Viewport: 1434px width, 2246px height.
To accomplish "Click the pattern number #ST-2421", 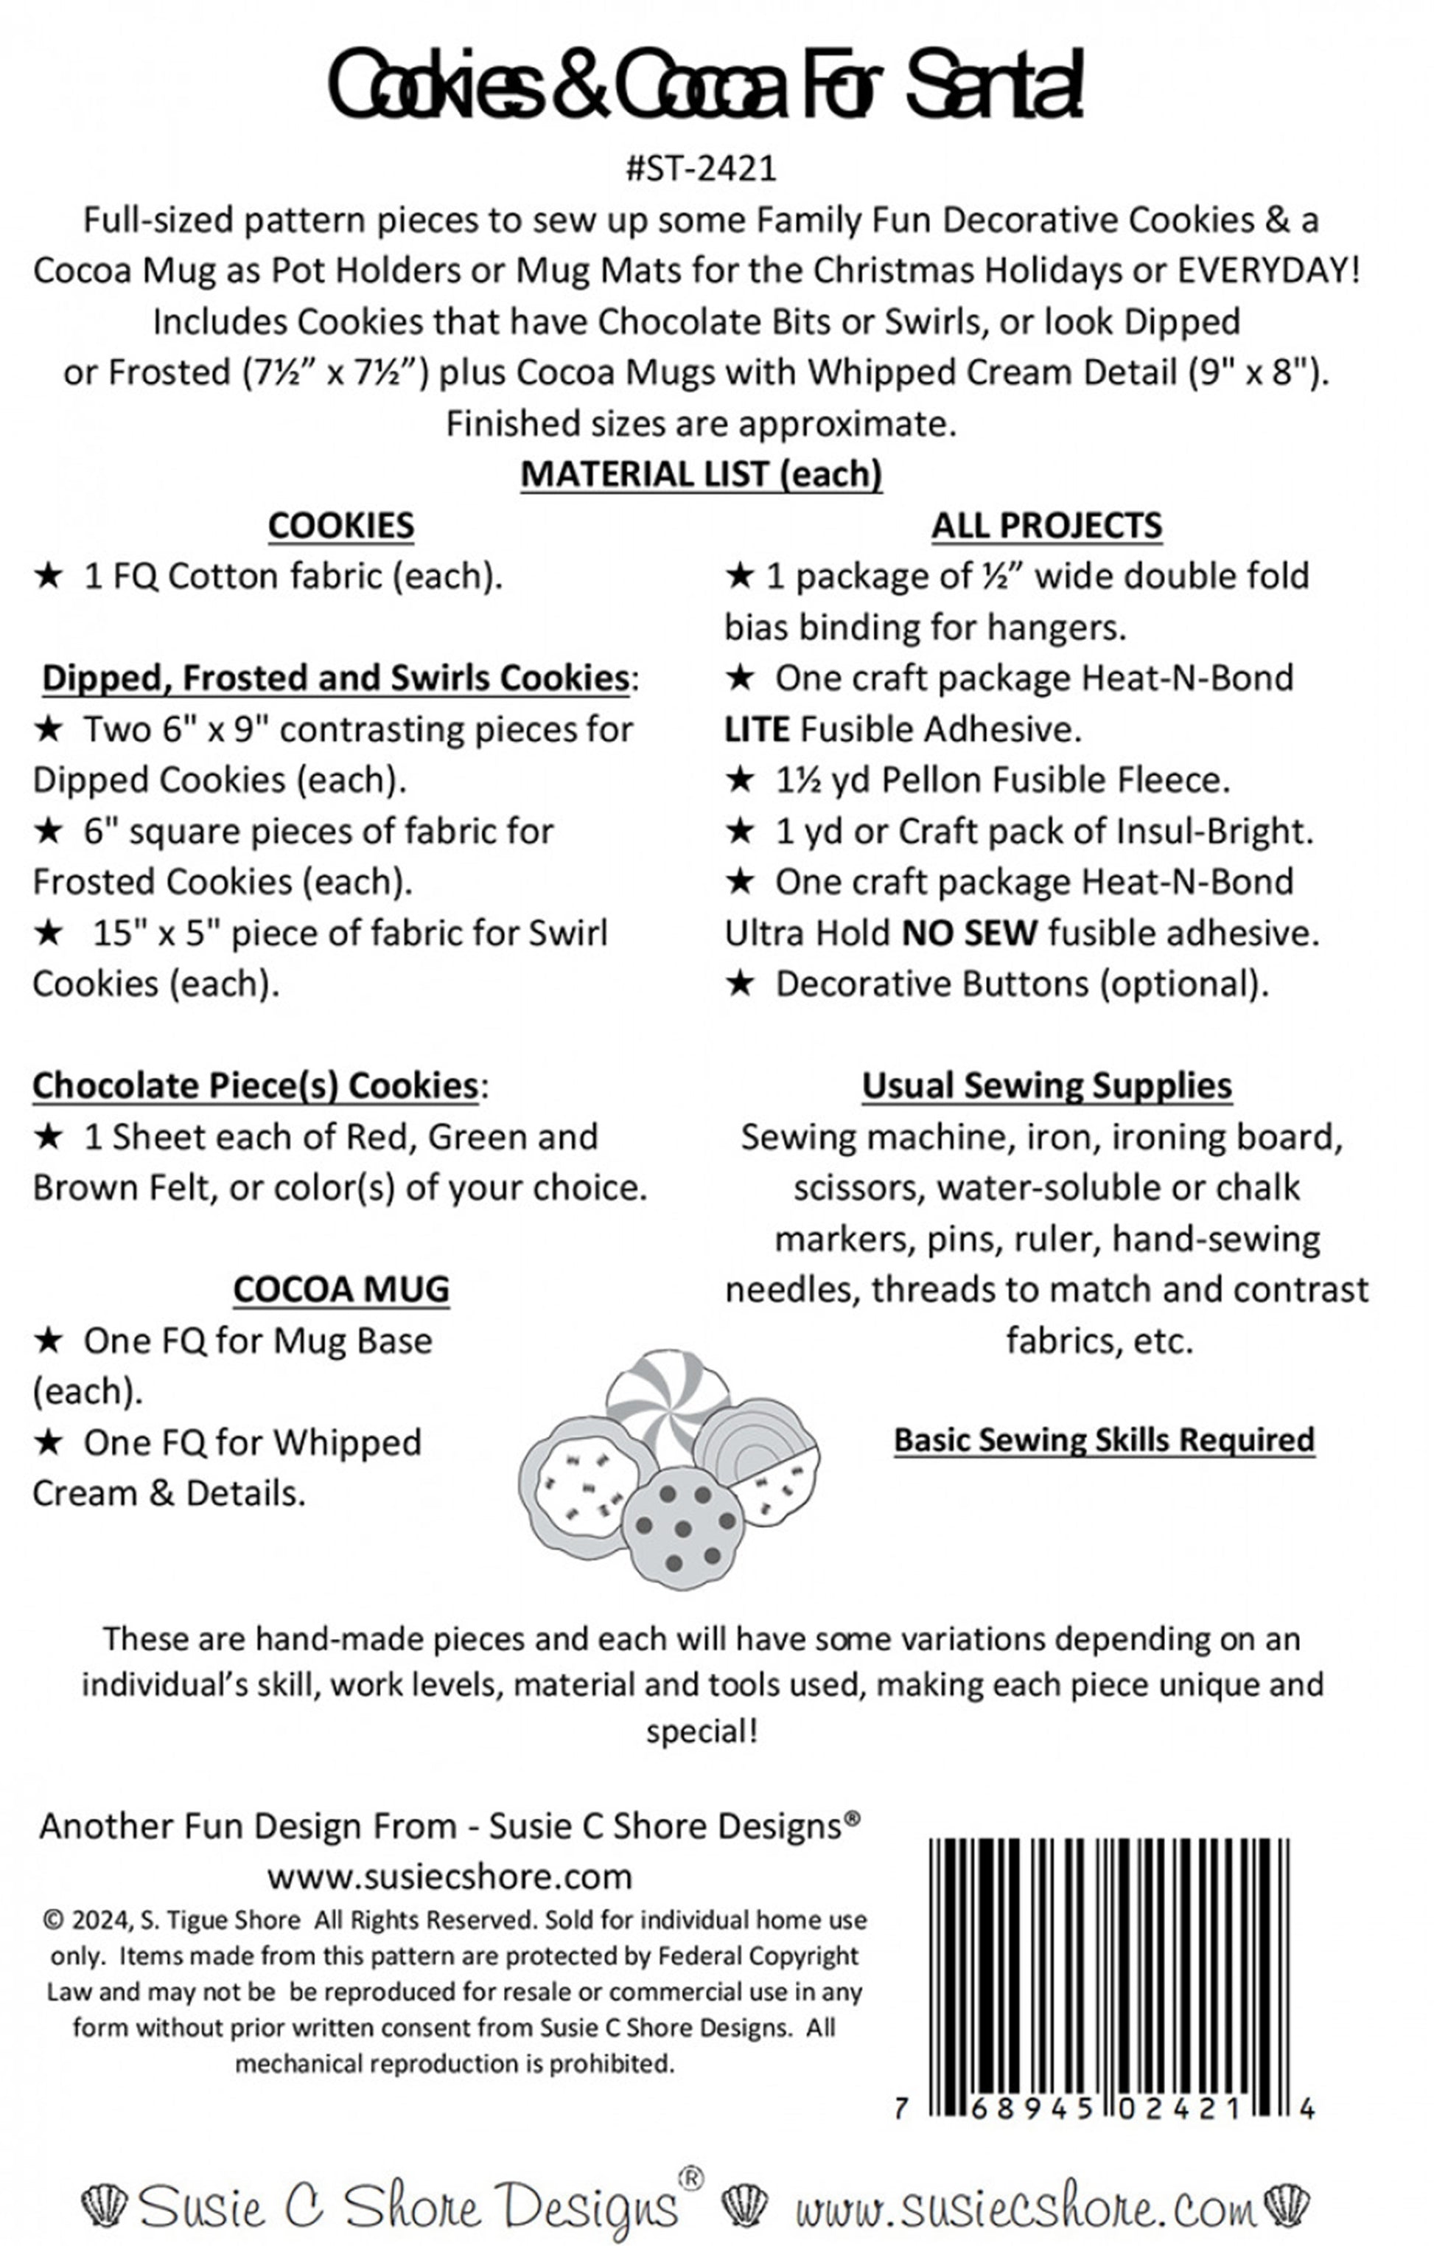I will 701,168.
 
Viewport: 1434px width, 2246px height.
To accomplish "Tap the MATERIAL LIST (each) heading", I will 701,474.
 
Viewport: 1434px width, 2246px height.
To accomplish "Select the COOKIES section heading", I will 340,525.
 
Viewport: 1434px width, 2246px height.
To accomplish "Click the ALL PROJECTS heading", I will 1046,525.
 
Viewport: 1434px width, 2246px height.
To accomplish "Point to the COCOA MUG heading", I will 340,1289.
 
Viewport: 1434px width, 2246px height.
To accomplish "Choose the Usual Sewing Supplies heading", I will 1046,1085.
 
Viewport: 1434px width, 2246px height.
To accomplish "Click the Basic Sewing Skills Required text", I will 1104,1439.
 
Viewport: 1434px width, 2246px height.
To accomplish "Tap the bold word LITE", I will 757,729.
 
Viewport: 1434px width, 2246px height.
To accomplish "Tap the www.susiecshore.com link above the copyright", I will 450,1876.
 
